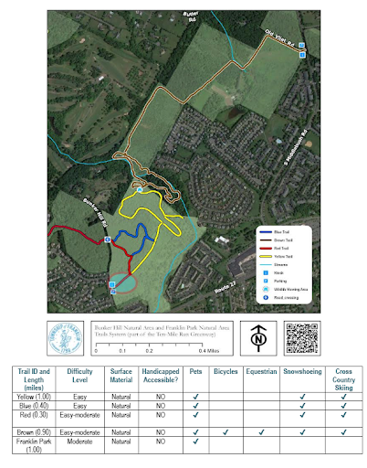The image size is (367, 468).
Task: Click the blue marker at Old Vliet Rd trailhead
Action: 302,55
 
